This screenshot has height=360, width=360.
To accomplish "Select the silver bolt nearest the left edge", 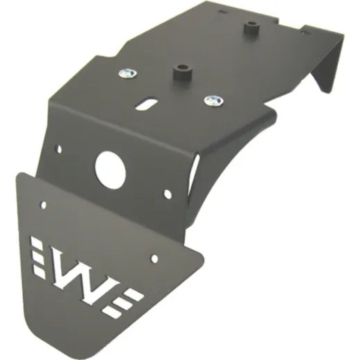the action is [x=127, y=74].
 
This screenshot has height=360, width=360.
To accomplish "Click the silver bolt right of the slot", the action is [x=213, y=100].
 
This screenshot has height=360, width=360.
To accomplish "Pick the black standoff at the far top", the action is [x=252, y=28].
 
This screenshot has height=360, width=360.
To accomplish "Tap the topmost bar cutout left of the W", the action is [x=36, y=242].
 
